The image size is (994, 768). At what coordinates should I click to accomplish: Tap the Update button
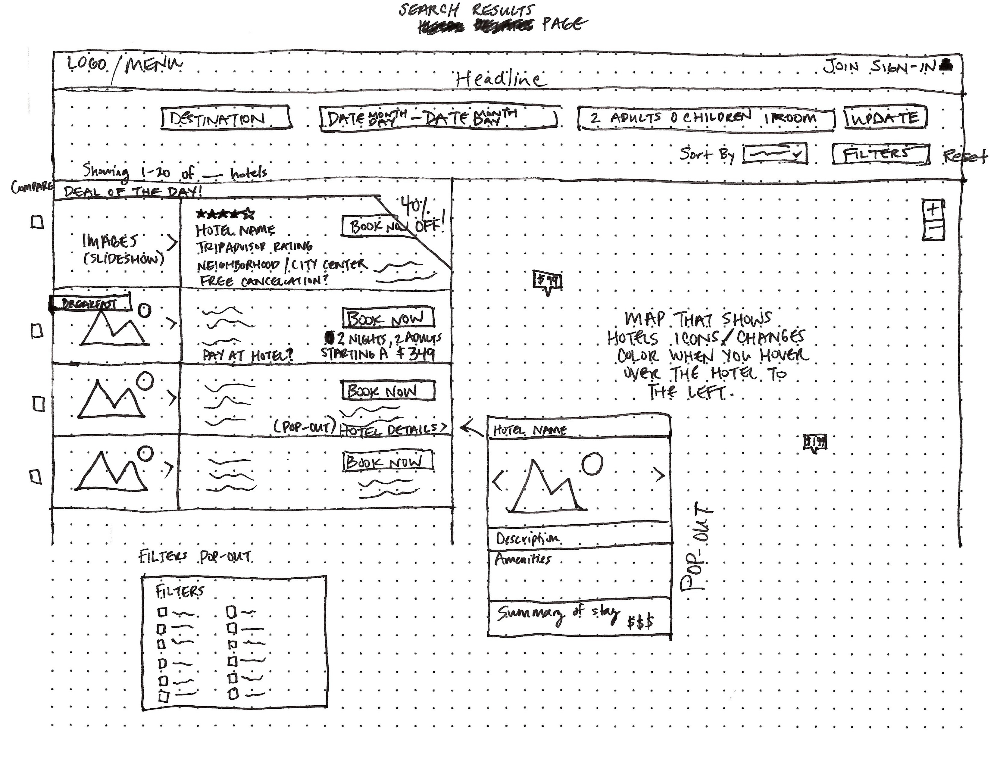pos(885,118)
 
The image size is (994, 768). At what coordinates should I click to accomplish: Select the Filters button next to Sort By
pos(880,154)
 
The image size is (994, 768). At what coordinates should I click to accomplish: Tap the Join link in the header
pos(840,67)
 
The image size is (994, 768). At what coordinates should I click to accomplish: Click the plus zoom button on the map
pos(933,210)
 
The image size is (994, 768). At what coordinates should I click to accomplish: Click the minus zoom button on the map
pos(933,229)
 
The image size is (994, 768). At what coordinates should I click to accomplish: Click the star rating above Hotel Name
pos(225,213)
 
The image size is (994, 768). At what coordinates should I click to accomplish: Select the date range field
pos(438,118)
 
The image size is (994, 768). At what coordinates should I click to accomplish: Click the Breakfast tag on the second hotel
pos(90,303)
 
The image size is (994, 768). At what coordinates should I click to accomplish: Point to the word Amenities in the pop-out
pos(523,559)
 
